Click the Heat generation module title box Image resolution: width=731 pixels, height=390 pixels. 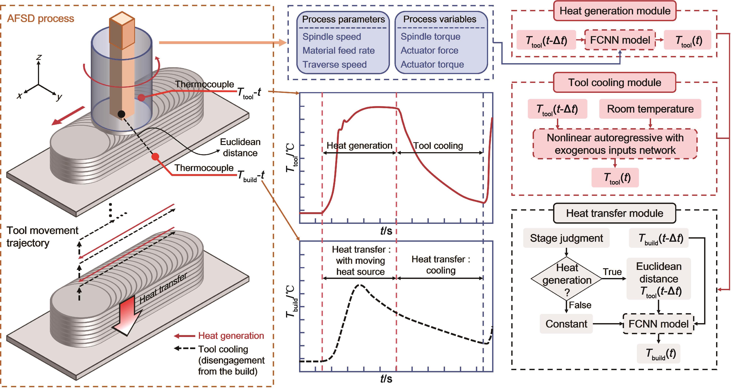click(615, 11)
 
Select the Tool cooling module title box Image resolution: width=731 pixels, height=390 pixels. click(615, 83)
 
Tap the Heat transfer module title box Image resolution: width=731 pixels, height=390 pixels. click(615, 213)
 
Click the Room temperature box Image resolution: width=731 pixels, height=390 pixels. click(650, 109)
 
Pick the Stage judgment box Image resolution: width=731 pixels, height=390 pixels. click(566, 238)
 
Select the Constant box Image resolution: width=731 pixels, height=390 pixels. click(566, 323)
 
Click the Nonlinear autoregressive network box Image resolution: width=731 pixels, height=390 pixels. click(615, 144)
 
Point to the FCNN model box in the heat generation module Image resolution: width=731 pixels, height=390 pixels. click(620, 40)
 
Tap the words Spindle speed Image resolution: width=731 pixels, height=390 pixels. click(332, 37)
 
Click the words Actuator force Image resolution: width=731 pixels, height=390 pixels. click(429, 50)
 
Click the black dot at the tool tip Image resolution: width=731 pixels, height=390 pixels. click(121, 114)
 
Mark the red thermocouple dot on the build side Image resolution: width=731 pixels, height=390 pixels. click(155, 157)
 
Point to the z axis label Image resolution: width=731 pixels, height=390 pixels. click(39, 57)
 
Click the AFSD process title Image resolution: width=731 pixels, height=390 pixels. click(40, 18)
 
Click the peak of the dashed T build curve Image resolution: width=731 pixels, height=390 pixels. click(360, 285)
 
